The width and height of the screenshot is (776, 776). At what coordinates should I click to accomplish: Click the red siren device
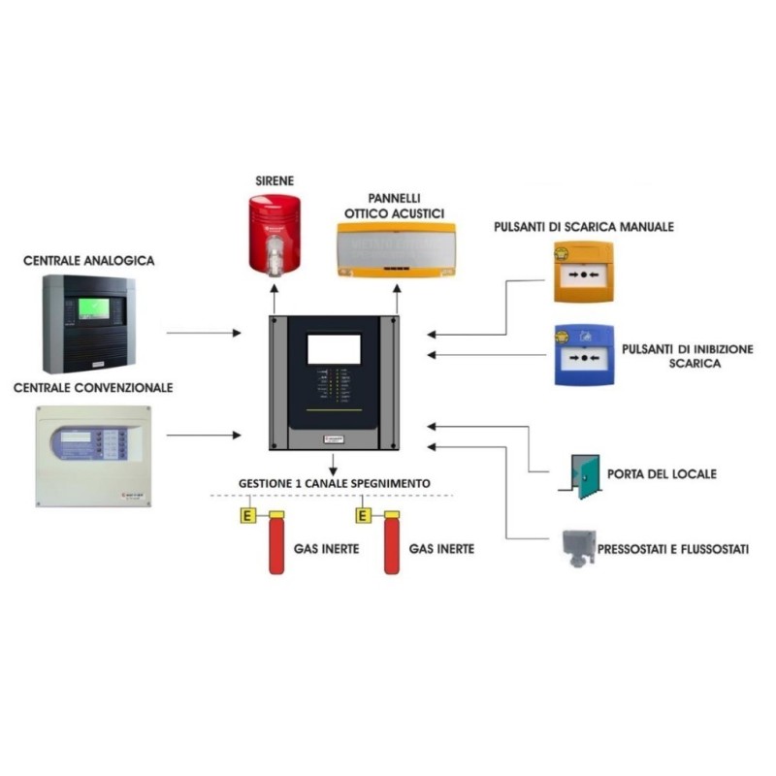point(275,233)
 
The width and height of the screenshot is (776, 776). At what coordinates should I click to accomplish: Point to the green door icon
point(586,475)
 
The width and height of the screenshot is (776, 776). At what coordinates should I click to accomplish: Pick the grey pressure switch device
point(579,549)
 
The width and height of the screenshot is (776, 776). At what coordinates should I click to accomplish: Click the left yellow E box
point(248,515)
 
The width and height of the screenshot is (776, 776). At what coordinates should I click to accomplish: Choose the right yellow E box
point(363,515)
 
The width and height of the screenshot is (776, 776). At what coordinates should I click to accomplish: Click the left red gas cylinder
point(275,544)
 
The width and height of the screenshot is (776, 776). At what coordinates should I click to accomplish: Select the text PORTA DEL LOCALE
point(662,474)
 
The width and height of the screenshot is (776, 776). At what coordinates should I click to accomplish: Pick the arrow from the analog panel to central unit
point(204,334)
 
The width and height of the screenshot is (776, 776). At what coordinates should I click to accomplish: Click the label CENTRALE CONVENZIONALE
point(93,387)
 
